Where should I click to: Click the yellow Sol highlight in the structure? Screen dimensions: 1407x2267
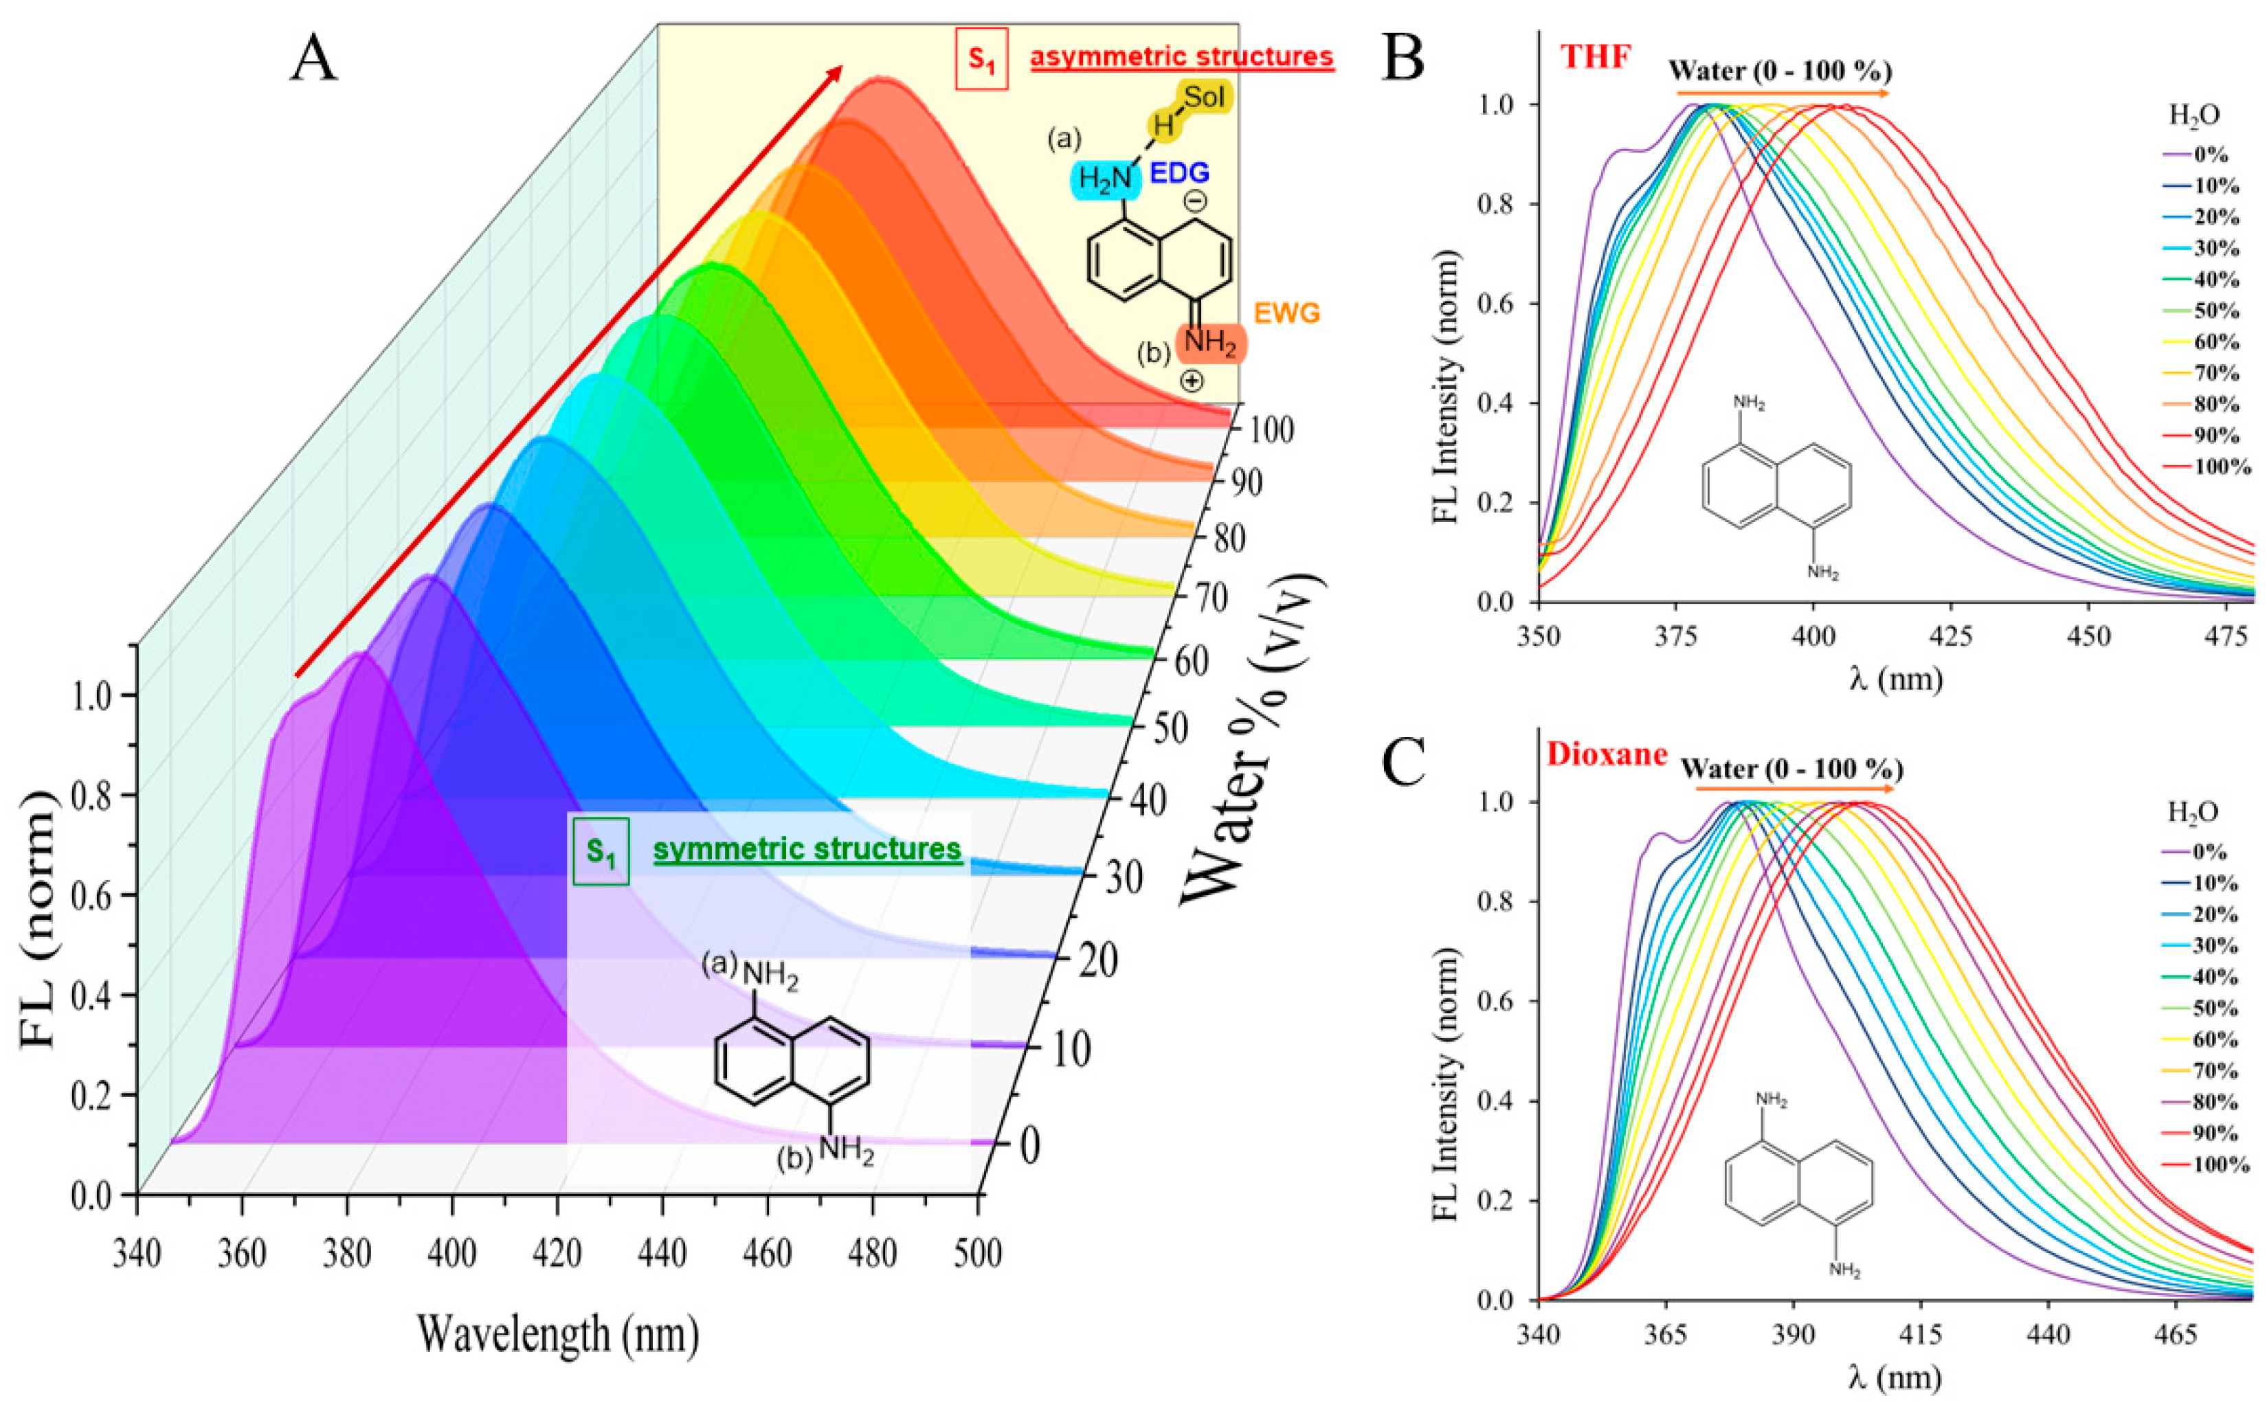(x=1204, y=97)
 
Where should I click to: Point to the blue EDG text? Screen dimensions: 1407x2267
(x=1179, y=173)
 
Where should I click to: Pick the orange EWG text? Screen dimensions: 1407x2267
(x=1287, y=313)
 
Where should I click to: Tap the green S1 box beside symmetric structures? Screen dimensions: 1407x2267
(x=601, y=851)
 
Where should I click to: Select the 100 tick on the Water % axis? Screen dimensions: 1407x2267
(x=1271, y=431)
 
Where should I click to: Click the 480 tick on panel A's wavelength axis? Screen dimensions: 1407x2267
(x=873, y=1254)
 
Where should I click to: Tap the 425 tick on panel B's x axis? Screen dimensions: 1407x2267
(x=1952, y=636)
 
